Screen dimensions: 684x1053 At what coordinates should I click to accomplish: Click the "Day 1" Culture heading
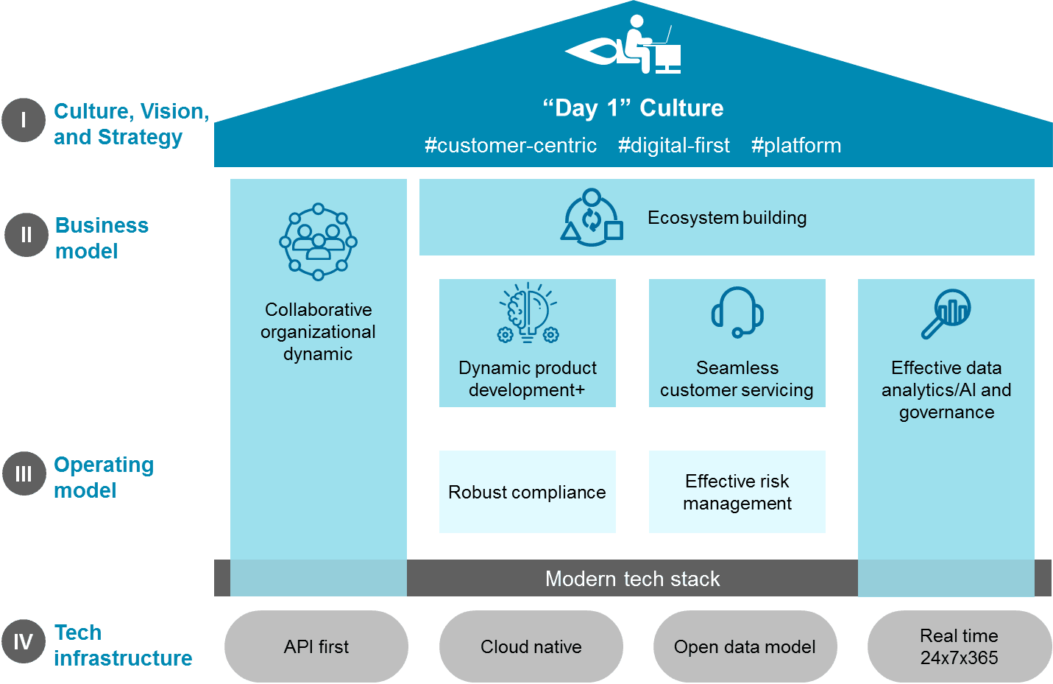pos(633,108)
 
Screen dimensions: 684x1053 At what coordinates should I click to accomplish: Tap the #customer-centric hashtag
pos(511,146)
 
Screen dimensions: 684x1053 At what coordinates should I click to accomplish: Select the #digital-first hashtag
pos(674,146)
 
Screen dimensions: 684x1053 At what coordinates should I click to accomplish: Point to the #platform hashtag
pos(796,146)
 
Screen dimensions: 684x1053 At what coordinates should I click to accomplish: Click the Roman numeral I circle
pos(24,120)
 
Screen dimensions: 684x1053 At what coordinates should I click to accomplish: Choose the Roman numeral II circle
pos(26,235)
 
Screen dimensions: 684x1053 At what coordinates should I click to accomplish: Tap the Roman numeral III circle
pos(24,473)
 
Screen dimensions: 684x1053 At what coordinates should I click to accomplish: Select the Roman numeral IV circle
pos(23,642)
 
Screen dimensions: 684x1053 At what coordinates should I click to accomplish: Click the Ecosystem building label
pos(727,218)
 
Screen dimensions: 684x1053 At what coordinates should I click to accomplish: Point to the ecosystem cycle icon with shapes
pos(592,218)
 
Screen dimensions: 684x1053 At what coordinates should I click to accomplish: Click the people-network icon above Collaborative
pos(318,242)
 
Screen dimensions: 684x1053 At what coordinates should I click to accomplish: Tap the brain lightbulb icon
pos(528,313)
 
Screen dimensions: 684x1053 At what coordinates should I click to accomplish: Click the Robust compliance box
pos(528,492)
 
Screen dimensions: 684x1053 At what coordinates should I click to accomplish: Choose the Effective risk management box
pos(737,492)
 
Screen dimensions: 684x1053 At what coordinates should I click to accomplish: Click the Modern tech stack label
pos(633,579)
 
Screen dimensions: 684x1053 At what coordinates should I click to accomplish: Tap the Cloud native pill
pos(531,646)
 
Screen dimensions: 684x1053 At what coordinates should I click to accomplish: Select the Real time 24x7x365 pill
pos(960,646)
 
